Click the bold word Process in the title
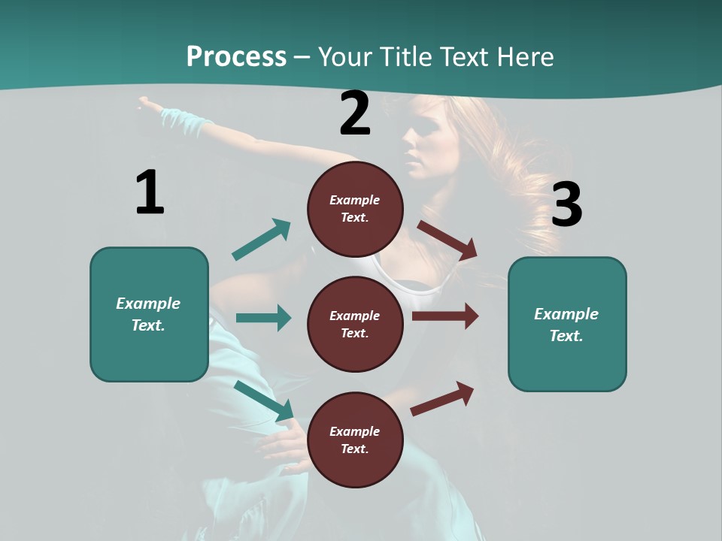coord(236,56)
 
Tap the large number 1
coord(150,192)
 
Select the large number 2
coord(355,113)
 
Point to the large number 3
coord(566,205)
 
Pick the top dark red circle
coord(355,209)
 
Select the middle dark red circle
coord(355,324)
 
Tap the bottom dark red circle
coord(355,440)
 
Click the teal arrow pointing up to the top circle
coord(262,239)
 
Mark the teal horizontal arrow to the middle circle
coord(263,318)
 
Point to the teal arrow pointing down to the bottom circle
coord(264,400)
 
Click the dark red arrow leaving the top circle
coord(447,240)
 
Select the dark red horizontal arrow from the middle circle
coord(445,316)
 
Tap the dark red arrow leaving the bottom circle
coord(442,398)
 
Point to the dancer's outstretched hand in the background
coord(150,103)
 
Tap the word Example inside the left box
coord(148,304)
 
